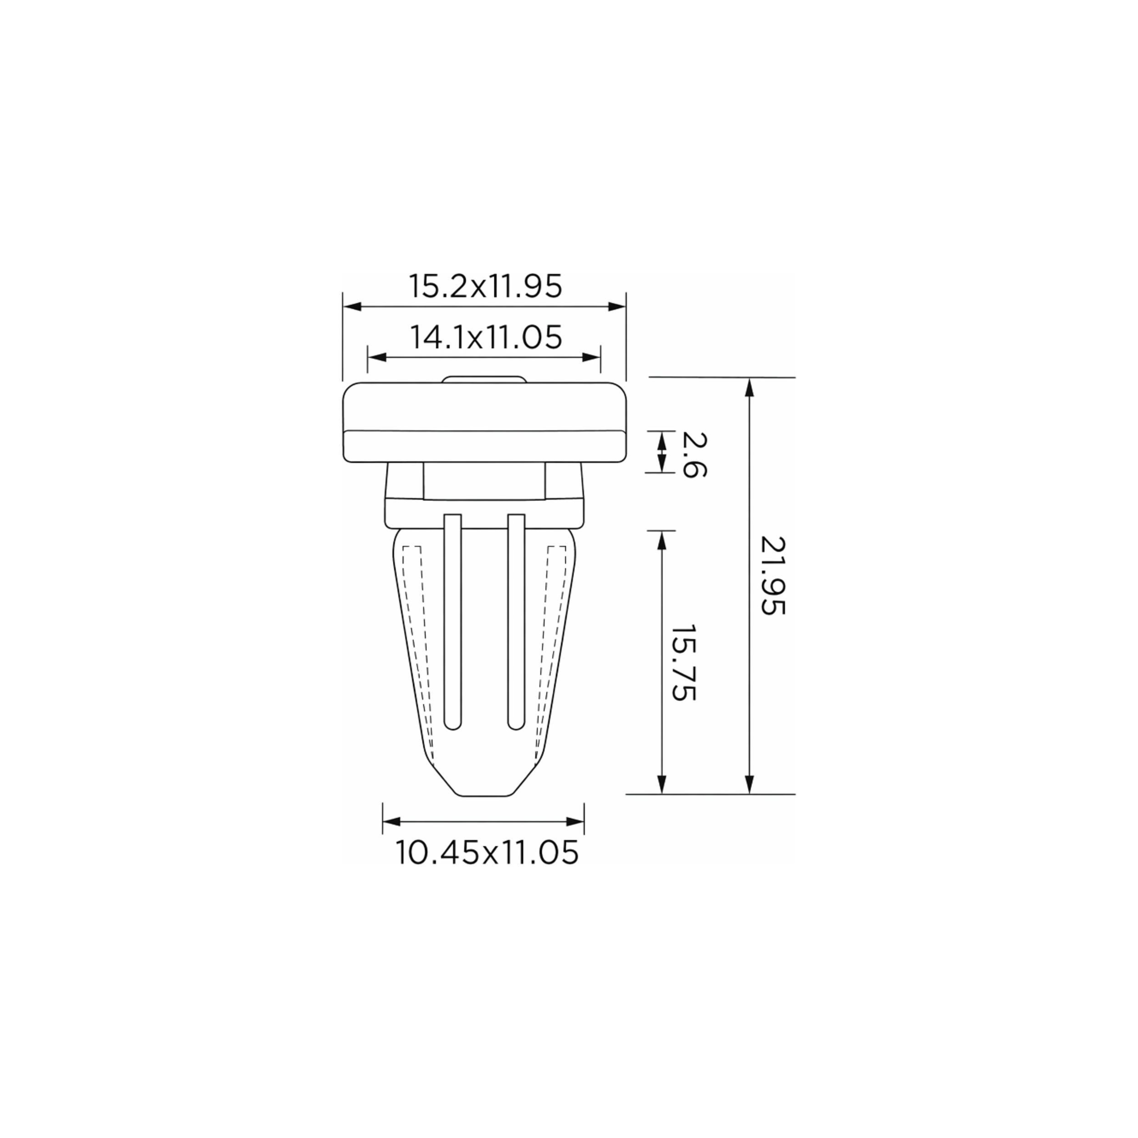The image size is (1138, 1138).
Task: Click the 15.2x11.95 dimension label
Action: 485,287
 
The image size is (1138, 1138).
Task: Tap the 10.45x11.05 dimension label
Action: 487,852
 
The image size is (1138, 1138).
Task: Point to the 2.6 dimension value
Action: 694,454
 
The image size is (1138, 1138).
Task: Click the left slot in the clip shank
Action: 452,621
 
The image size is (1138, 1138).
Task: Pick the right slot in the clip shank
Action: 516,621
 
